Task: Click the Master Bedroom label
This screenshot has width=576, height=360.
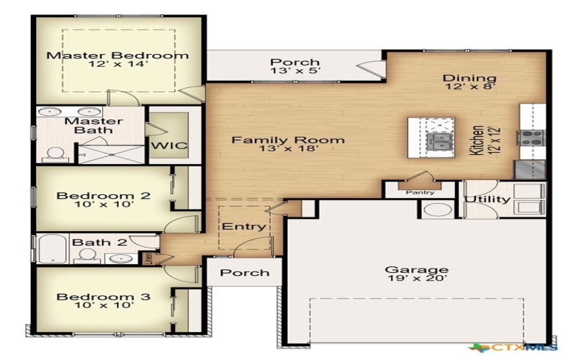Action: coord(117,55)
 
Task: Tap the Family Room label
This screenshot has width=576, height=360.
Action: coord(287,140)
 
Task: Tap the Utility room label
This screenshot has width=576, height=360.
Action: coord(487,199)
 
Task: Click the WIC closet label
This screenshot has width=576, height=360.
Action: coord(169,145)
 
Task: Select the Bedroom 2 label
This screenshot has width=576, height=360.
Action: coord(104,196)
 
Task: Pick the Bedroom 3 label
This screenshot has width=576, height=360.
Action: coord(104,297)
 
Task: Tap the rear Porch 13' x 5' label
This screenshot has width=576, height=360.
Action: coord(294,63)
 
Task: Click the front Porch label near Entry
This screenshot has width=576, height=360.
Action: coord(244,273)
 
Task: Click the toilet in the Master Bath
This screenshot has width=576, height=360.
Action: coord(55,153)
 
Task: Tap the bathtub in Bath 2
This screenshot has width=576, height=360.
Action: coord(51,248)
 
